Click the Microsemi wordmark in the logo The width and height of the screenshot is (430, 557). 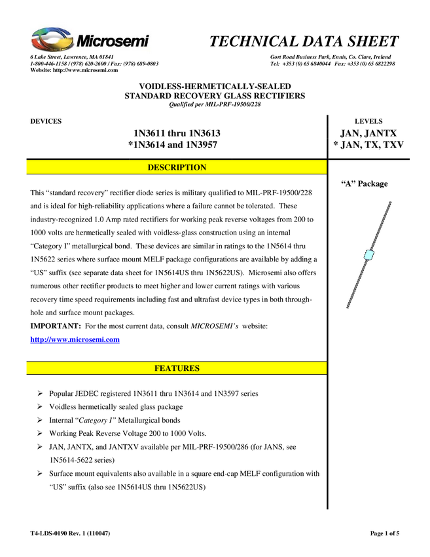coord(113,42)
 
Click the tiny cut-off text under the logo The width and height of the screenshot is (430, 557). coord(72,55)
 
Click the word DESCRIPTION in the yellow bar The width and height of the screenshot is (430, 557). coord(177,168)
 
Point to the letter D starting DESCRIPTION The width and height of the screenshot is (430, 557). coord(151,168)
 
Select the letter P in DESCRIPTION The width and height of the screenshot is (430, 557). coord(187,168)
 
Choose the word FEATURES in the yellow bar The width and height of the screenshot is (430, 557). coord(177,369)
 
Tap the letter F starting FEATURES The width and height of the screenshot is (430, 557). coord(157,369)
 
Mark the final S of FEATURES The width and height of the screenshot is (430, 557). coord(196,369)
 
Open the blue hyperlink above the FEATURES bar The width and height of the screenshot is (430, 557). coord(75,339)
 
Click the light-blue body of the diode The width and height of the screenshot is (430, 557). coord(368,254)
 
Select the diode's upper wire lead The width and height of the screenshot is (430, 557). coord(380,226)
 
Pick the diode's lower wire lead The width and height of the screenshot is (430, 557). coord(357,282)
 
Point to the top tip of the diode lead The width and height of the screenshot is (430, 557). coord(391,202)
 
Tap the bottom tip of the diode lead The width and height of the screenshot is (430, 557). coord(348,307)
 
